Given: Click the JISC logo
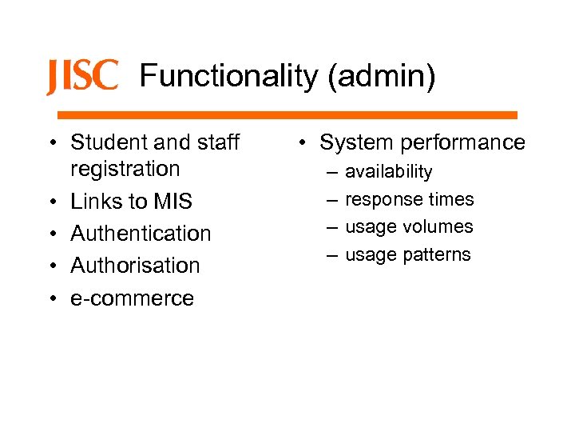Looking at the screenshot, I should (x=82, y=77).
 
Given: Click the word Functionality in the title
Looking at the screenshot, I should (x=228, y=77).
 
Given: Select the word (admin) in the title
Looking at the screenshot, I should (x=380, y=77).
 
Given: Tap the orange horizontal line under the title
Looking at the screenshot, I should (x=287, y=115).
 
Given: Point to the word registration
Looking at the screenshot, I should (x=125, y=169).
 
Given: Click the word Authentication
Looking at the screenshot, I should (x=141, y=234).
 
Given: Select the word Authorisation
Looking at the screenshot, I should (x=135, y=266).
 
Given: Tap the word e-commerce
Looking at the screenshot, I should (x=132, y=298).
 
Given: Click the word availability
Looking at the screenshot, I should (x=388, y=172).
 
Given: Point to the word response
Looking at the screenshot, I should (x=385, y=200).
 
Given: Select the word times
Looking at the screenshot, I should (x=452, y=199).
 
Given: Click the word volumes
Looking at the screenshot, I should (x=438, y=227).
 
